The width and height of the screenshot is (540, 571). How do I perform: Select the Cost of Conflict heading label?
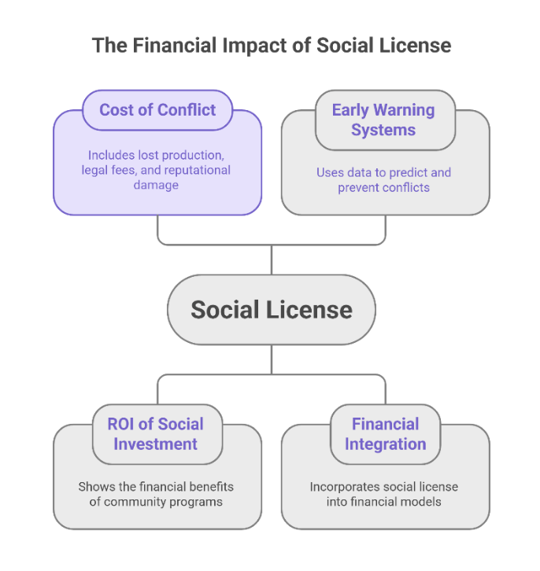157,109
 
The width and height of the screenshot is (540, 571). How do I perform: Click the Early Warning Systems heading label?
383,120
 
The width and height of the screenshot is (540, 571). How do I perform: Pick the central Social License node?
272,309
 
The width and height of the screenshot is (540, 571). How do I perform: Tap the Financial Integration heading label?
385,433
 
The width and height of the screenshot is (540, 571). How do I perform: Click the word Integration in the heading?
385,444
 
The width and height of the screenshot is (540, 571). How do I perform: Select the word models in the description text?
421,501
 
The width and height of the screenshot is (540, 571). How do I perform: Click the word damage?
157,184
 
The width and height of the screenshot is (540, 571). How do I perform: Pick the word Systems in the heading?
383,130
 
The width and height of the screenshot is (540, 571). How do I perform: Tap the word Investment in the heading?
155,444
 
